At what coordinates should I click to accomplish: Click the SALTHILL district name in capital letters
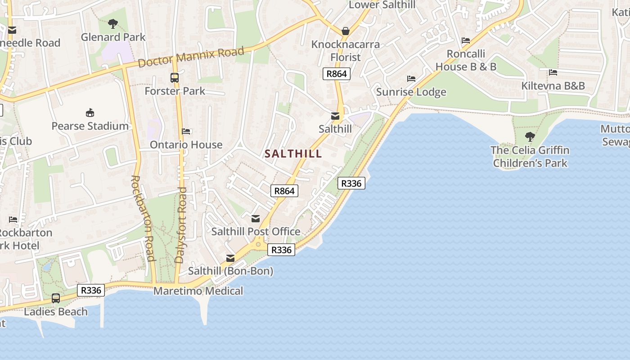point(293,154)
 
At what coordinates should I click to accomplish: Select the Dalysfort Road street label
point(181,225)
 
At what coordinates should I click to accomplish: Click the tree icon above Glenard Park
point(113,23)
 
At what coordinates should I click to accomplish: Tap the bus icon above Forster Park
point(175,78)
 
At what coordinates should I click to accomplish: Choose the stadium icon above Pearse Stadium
point(90,112)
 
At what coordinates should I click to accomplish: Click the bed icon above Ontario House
point(186,131)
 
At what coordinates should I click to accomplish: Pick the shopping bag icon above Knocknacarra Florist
point(345,31)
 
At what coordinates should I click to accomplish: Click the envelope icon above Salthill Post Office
point(256,219)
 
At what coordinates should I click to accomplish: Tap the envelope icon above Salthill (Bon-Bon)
point(230,258)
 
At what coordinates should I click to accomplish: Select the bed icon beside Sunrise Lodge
point(411,79)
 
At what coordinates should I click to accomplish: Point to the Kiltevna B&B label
point(553,85)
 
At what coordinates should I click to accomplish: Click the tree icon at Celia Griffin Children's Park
point(530,136)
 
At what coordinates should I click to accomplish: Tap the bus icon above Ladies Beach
point(56,298)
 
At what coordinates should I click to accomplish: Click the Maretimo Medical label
point(198,291)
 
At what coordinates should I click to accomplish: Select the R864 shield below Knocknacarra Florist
point(336,74)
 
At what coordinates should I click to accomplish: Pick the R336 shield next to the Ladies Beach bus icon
point(91,290)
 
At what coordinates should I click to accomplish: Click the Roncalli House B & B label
point(466,60)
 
